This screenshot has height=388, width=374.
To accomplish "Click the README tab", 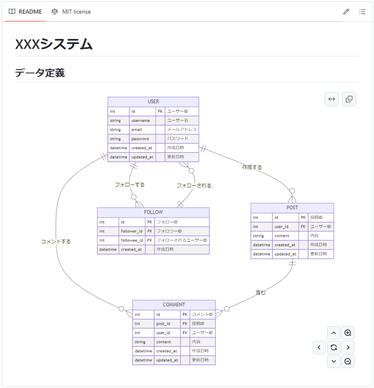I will pyautogui.click(x=25, y=12).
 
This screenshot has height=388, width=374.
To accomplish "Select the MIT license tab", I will pyautogui.click(x=71, y=12).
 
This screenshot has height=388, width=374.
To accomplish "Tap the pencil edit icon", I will pyautogui.click(x=346, y=12).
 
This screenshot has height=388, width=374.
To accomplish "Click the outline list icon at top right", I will pyautogui.click(x=362, y=12).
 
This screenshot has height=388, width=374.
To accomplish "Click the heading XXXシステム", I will pyautogui.click(x=54, y=44).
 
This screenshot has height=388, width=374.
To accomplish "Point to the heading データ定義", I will pyautogui.click(x=40, y=73).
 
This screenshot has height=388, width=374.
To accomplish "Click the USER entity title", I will pyautogui.click(x=153, y=101).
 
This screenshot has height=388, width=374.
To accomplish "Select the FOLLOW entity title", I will pyautogui.click(x=153, y=212).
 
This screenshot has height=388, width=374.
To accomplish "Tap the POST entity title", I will pyautogui.click(x=292, y=208).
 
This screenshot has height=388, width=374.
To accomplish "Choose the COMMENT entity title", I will pyautogui.click(x=174, y=305).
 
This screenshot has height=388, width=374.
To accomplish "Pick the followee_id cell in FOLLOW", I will pyautogui.click(x=132, y=240).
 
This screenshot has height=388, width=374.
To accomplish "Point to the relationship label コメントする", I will pyautogui.click(x=56, y=241).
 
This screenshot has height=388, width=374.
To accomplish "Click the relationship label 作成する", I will pyautogui.click(x=252, y=167).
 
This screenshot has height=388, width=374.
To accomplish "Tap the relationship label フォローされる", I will pyautogui.click(x=194, y=186).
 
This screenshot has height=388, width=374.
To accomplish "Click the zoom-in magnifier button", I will pyautogui.click(x=348, y=333).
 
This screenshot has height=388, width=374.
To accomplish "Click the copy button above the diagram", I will pyautogui.click(x=349, y=99).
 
